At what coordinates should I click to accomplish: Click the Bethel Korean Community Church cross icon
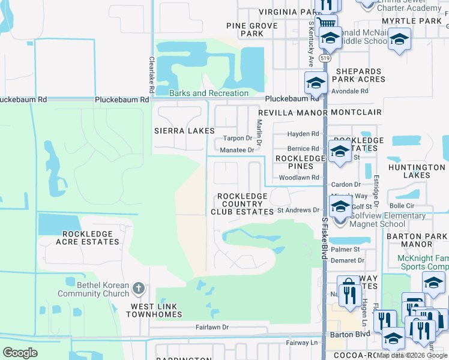point(138,289)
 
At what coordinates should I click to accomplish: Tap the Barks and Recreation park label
point(208,94)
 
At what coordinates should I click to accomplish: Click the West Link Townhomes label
point(157,310)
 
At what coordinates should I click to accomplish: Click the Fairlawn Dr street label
point(212,328)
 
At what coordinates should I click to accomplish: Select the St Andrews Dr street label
point(298,211)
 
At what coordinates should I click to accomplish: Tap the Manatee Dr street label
point(237,150)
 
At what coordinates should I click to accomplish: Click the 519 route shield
point(325,58)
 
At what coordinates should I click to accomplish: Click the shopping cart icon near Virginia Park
point(325,24)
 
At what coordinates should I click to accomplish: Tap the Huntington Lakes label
point(416,172)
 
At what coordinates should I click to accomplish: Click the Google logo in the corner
point(20,353)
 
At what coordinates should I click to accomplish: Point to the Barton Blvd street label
point(340,334)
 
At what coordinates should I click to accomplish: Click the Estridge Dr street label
point(376,187)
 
